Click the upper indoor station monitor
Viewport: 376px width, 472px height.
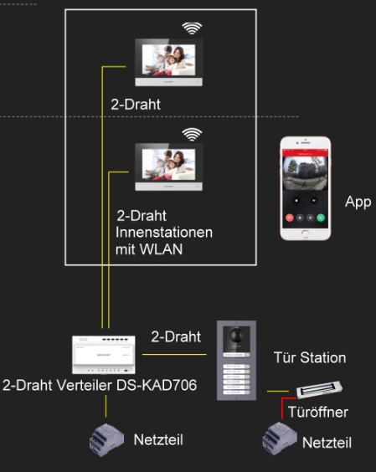click(168, 62)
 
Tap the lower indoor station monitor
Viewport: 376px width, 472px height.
click(168, 167)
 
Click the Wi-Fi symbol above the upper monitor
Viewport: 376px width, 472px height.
click(192, 28)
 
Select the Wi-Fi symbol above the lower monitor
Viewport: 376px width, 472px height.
click(192, 134)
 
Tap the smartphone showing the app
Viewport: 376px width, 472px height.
click(305, 188)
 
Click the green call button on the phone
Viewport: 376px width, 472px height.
click(321, 218)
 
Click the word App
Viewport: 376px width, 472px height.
click(358, 202)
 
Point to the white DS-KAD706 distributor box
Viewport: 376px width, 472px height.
click(104, 355)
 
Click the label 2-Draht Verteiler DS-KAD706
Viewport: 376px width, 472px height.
click(100, 385)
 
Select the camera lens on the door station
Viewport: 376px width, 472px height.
click(236, 335)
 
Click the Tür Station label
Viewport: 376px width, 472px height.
click(310, 357)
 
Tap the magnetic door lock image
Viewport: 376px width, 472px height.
click(319, 389)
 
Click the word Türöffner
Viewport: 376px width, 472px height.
click(318, 412)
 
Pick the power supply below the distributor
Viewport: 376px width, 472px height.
click(106, 440)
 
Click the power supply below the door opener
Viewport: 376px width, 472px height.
click(280, 439)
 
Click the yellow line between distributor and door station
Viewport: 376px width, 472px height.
click(174, 354)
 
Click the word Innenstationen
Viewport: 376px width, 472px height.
click(164, 233)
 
